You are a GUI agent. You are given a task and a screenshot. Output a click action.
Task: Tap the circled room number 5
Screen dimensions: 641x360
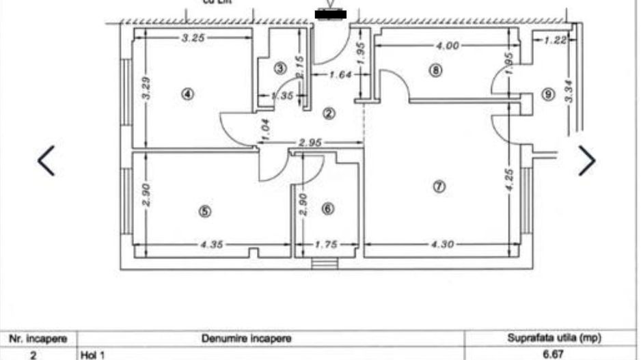pyautogui.click(x=204, y=211)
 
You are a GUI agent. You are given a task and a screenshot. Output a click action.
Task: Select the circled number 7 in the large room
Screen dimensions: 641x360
pyautogui.click(x=439, y=186)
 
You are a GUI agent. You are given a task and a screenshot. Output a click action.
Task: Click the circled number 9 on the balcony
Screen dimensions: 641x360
pyautogui.click(x=547, y=94)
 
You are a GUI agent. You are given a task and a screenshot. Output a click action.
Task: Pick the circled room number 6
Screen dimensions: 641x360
pyautogui.click(x=327, y=208)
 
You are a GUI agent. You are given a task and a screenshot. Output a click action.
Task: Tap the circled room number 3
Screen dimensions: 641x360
pyautogui.click(x=279, y=68)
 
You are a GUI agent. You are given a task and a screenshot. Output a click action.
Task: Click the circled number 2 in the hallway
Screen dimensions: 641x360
pyautogui.click(x=329, y=113)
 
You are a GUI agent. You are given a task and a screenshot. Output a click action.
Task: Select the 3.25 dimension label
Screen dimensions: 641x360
pyautogui.click(x=193, y=38)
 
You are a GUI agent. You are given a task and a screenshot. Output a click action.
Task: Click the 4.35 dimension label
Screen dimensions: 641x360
pyautogui.click(x=214, y=244)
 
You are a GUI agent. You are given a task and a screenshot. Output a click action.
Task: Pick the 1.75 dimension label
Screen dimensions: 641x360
pyautogui.click(x=326, y=244)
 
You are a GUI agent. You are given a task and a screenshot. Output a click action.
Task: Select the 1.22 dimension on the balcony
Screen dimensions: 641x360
pyautogui.click(x=556, y=40)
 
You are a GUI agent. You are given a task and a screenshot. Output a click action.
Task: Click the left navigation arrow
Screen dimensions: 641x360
pyautogui.click(x=46, y=161)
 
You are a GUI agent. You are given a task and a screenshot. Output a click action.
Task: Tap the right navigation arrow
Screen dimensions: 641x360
pyautogui.click(x=586, y=161)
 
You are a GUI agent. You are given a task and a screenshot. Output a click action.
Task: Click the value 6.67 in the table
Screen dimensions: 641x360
pyautogui.click(x=554, y=355)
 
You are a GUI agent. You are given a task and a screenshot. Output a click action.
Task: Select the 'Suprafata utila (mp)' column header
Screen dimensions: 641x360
pyautogui.click(x=552, y=338)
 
